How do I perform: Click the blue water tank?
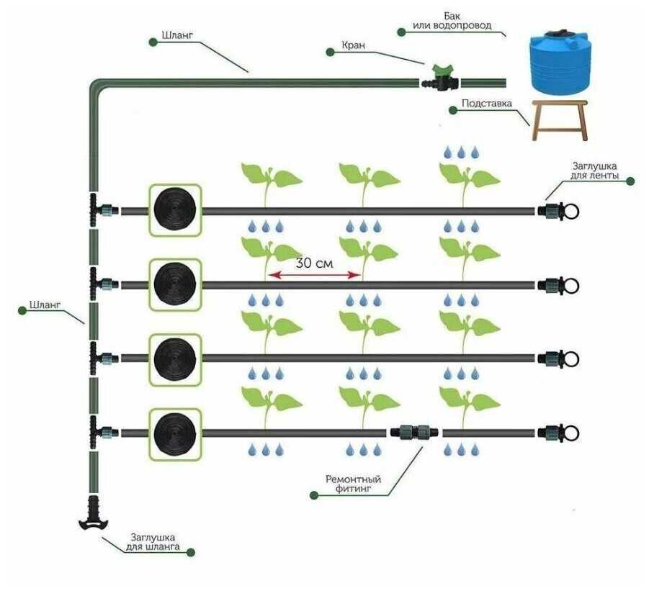(x=559, y=61)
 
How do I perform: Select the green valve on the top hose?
(x=437, y=78)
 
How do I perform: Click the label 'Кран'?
(x=354, y=44)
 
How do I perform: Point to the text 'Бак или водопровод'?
(x=452, y=20)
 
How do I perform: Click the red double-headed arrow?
(x=314, y=275)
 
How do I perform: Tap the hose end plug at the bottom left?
(x=91, y=513)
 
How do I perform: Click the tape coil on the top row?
(x=174, y=210)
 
